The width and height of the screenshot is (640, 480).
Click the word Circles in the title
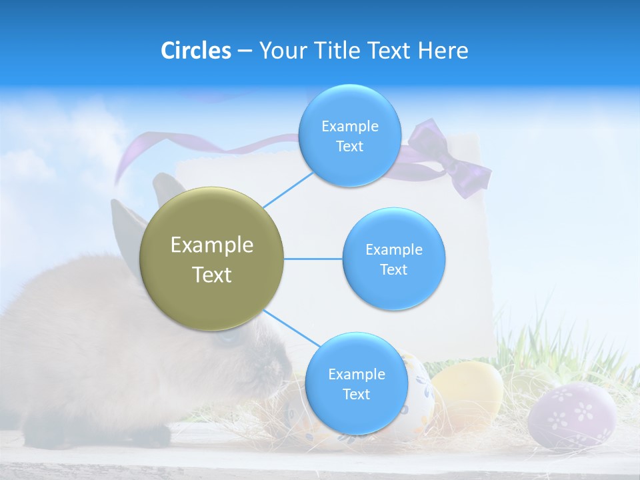coord(195,51)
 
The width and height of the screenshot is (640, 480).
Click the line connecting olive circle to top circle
coord(288,190)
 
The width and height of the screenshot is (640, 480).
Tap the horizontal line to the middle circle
coord(313,259)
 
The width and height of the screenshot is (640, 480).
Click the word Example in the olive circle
coord(211,245)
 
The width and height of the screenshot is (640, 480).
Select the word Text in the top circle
coord(349,147)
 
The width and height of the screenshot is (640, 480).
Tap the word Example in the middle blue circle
coord(393,250)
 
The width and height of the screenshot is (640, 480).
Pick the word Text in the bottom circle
coord(356,395)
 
